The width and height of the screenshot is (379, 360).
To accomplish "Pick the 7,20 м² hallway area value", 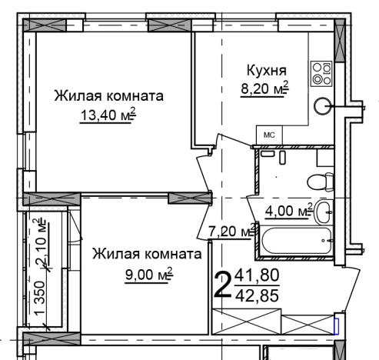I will click(x=231, y=230).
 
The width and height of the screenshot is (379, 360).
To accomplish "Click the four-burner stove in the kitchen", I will click(x=321, y=73).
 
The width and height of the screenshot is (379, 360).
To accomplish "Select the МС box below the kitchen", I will click(x=269, y=135).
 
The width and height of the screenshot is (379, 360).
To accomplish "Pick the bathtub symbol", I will click(x=296, y=239).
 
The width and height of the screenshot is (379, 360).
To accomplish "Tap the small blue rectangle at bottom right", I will click(x=335, y=325).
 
